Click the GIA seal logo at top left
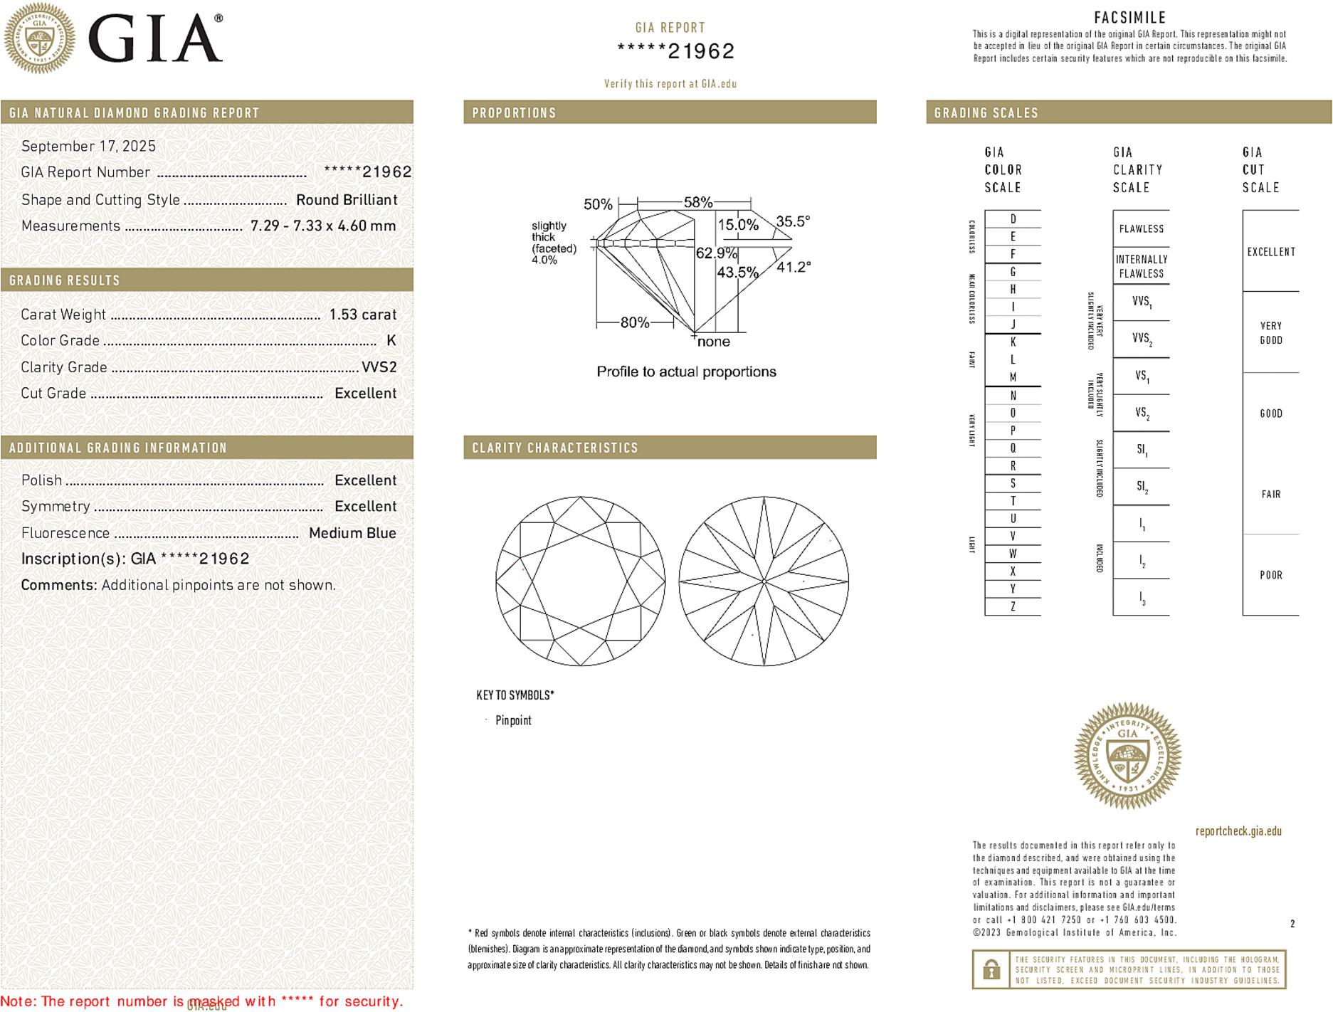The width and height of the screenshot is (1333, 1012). click(39, 38)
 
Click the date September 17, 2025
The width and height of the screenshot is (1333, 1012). click(88, 146)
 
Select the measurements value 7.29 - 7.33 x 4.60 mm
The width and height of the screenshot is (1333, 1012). click(323, 226)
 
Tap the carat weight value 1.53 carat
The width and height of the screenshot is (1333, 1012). click(362, 315)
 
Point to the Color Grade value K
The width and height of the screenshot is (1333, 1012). click(391, 340)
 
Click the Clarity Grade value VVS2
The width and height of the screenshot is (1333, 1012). click(379, 367)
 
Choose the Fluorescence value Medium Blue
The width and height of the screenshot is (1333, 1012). click(352, 533)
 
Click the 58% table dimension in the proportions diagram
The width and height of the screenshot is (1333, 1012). click(697, 202)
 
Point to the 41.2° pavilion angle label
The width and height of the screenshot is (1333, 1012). click(793, 267)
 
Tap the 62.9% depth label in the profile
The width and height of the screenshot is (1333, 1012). click(716, 253)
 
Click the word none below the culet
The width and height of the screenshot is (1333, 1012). click(713, 342)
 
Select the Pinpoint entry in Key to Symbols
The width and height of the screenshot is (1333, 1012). click(513, 720)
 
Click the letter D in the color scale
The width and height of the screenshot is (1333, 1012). click(1013, 219)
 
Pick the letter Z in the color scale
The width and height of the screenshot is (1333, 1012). click(1013, 606)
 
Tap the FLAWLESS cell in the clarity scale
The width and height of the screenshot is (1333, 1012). click(1141, 228)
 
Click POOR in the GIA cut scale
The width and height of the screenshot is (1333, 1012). click(1270, 575)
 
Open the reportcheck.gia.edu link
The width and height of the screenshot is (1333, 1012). click(1238, 831)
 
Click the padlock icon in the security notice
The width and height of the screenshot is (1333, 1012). click(991, 969)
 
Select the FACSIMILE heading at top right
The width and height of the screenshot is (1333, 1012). click(1129, 17)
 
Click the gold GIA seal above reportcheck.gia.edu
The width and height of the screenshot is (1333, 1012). click(1127, 756)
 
